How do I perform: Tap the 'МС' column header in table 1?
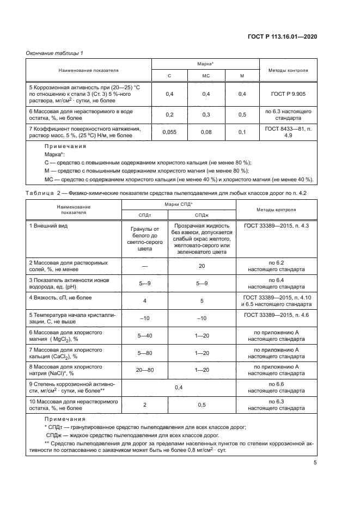(x=206, y=76)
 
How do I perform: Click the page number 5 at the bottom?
(x=315, y=463)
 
